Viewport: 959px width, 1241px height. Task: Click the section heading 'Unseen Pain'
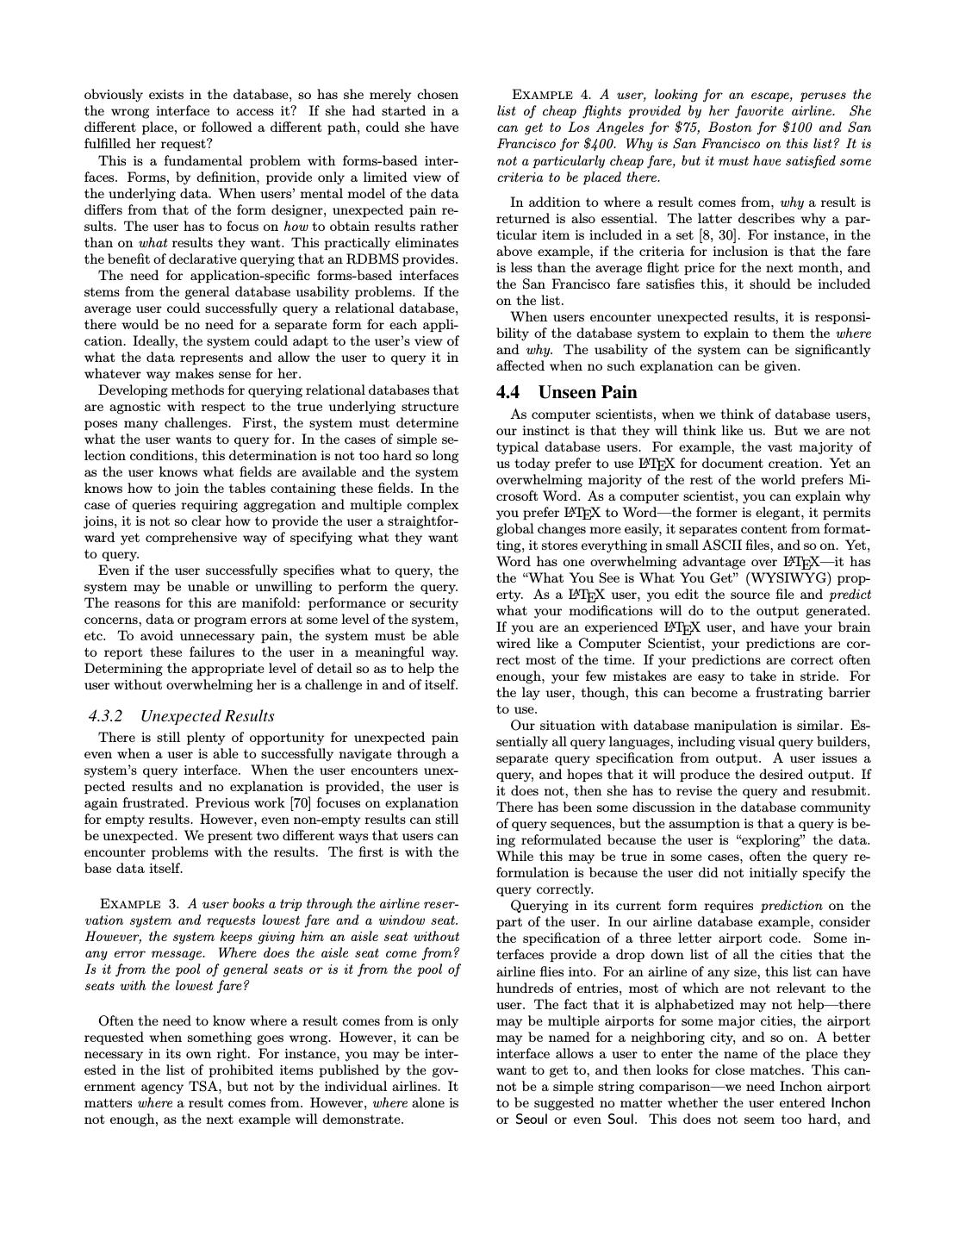pyautogui.click(x=590, y=392)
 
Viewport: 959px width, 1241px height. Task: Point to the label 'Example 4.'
pyautogui.click(x=551, y=95)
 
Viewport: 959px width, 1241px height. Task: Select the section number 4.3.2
pyautogui.click(x=105, y=716)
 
